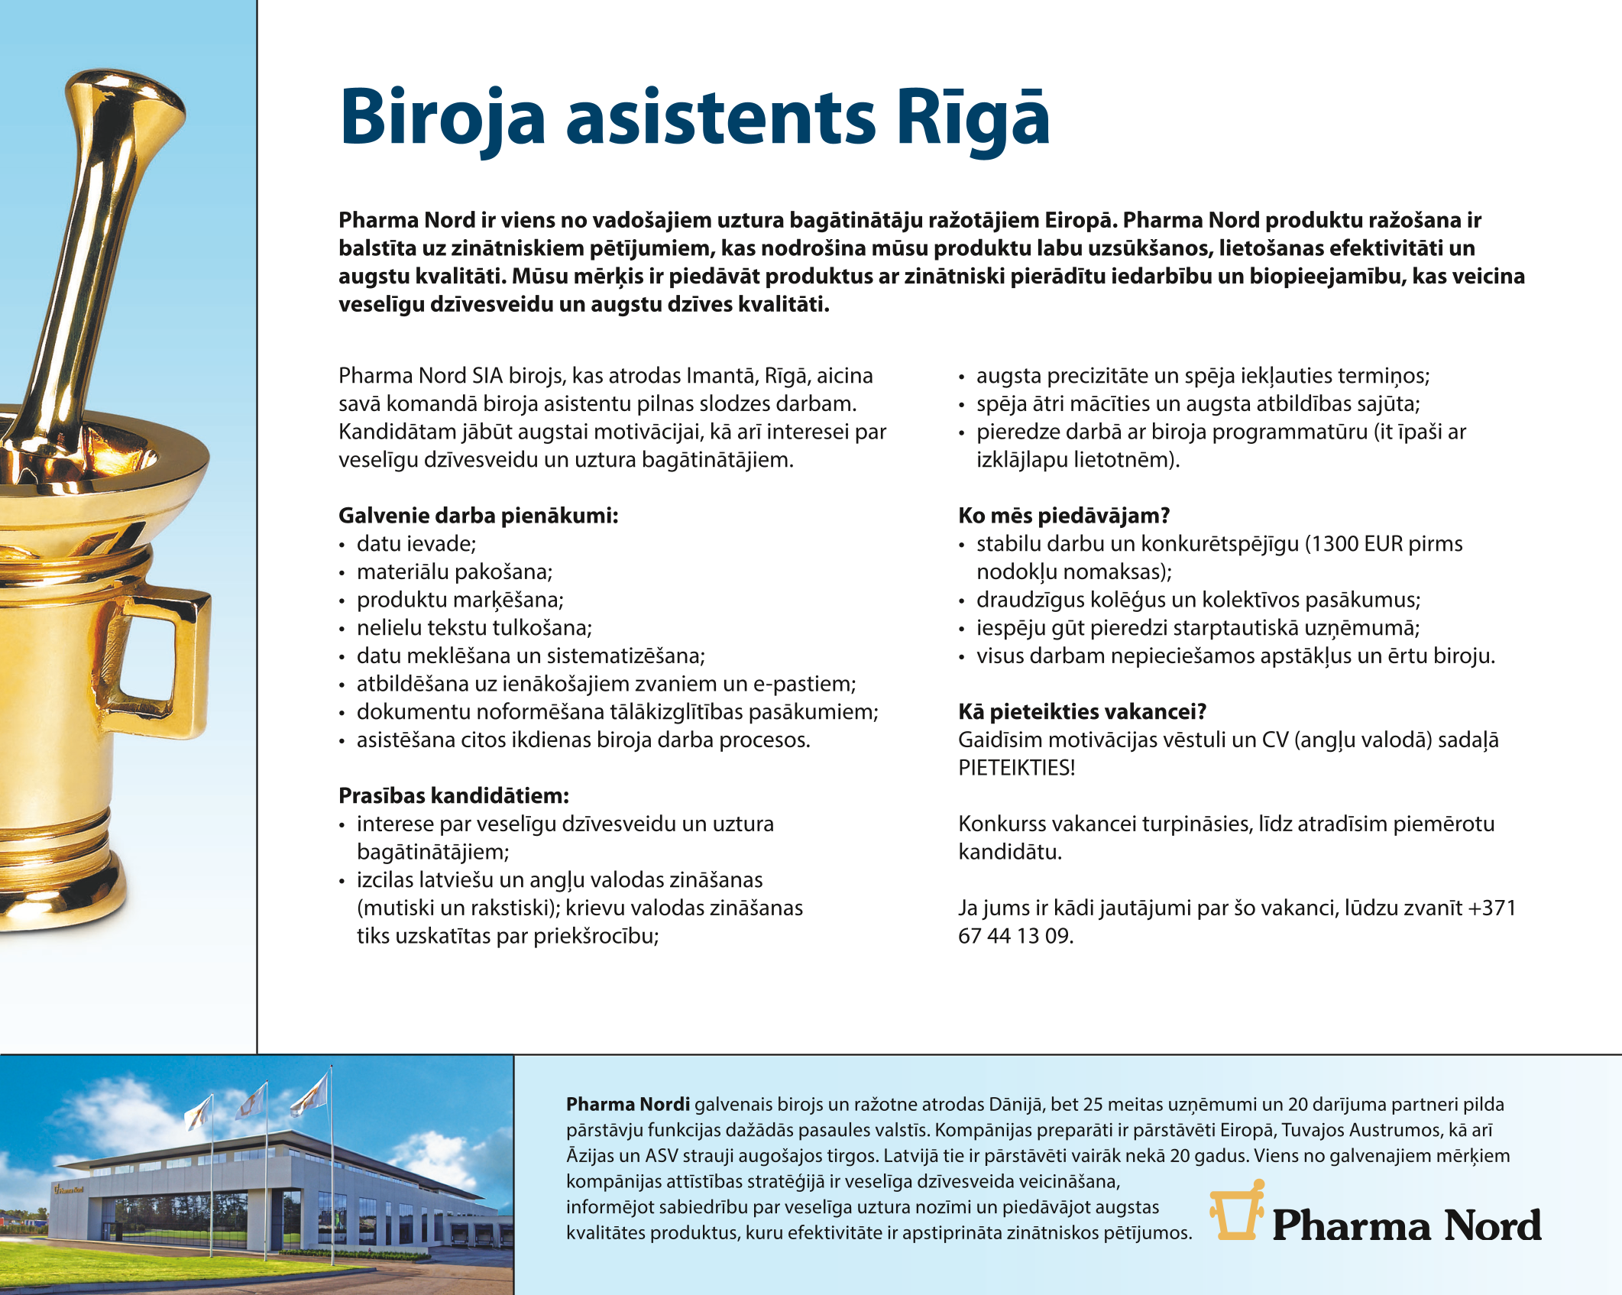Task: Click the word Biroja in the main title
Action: coord(442,118)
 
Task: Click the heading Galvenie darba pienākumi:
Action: coord(478,516)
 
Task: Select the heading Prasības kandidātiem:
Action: coord(454,796)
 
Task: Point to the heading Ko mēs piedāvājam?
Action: coord(1064,516)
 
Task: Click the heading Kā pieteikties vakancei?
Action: coord(1082,712)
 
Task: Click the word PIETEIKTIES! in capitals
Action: coord(1016,768)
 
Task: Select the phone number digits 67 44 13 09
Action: coord(1015,936)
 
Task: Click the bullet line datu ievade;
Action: coord(416,544)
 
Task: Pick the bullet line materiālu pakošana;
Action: coord(455,572)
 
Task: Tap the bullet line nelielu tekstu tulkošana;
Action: coord(474,628)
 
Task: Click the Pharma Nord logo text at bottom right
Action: coord(1407,1225)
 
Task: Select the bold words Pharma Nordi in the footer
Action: coord(628,1104)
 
